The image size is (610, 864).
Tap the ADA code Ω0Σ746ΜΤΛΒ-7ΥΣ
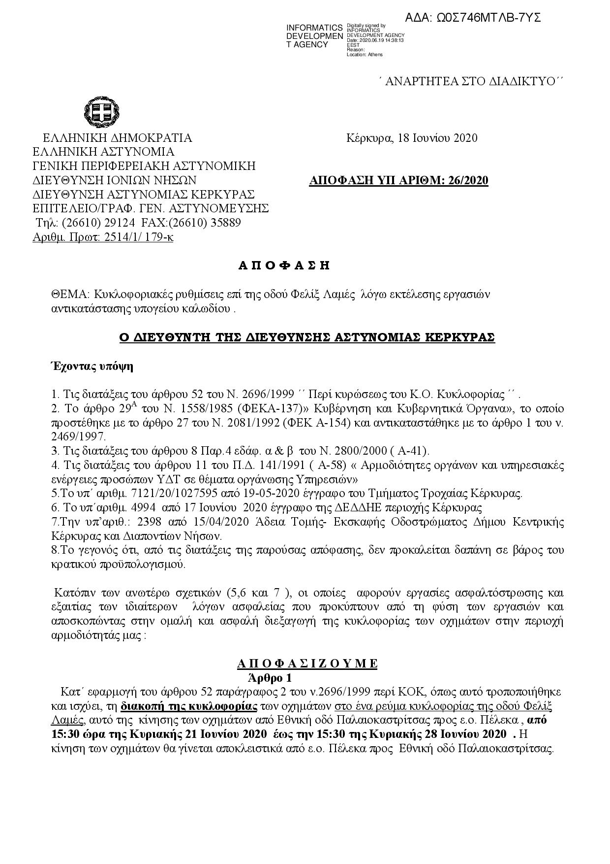(473, 18)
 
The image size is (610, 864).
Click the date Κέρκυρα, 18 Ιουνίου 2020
(411, 138)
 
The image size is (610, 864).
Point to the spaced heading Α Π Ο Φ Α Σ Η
(284, 266)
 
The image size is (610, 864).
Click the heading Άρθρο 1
(270, 677)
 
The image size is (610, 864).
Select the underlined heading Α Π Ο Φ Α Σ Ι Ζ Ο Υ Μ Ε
(306, 664)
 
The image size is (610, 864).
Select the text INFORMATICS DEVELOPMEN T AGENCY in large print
(314, 36)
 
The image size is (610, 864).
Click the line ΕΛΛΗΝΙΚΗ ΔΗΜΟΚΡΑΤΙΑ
(117, 138)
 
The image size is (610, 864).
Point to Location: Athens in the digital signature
(365, 55)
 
